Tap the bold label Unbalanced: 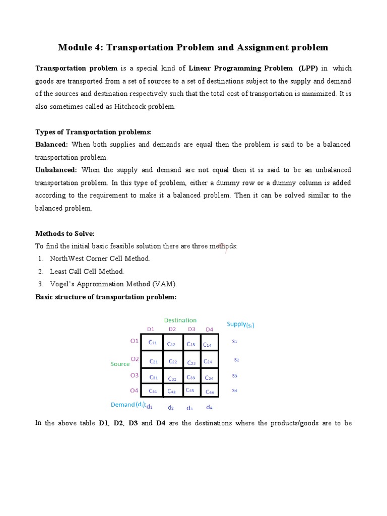click(56, 170)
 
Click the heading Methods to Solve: click(64, 233)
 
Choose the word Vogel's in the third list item click(63, 284)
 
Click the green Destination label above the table click(180, 320)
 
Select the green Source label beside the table click(120, 363)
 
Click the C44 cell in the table click(209, 392)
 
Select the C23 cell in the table click(191, 362)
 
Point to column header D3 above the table click(191, 330)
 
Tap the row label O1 click(134, 341)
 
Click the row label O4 click(134, 391)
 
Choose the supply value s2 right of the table click(236, 360)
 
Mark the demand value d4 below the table click(209, 407)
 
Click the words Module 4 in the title click(79, 48)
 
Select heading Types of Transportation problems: click(93, 132)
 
